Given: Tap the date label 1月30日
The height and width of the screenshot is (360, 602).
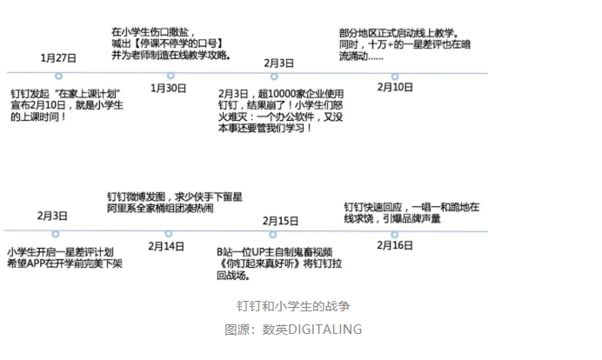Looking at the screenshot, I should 168,88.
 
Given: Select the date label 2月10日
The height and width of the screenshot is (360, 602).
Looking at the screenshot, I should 395,87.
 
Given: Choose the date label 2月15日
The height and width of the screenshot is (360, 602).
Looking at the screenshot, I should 280,221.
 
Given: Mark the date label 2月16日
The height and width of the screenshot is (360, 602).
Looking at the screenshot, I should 395,245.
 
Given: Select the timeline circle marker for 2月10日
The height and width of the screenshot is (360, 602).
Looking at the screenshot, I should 395,76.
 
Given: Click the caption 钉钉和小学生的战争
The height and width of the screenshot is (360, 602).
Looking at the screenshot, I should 293,306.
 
